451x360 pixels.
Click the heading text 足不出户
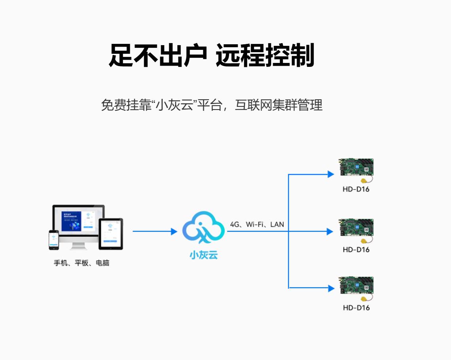[158, 56]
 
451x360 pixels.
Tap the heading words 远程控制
[265, 56]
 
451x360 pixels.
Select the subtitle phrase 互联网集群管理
[279, 105]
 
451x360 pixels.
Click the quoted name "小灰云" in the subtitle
[174, 105]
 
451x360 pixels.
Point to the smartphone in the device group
[54, 240]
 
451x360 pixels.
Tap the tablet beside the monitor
[111, 234]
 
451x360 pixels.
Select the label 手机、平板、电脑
[81, 263]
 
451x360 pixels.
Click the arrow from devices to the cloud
[155, 231]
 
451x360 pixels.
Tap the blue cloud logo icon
[203, 228]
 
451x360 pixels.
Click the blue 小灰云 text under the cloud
[203, 255]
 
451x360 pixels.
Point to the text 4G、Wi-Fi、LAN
[257, 224]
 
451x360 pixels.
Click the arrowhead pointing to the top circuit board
[331, 174]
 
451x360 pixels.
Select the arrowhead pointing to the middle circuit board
[331, 231]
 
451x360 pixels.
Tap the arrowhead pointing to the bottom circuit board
[331, 288]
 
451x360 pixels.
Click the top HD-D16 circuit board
[356, 169]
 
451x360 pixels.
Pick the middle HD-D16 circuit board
[356, 229]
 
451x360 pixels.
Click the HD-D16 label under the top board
[356, 189]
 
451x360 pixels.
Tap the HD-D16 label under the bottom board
[356, 307]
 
